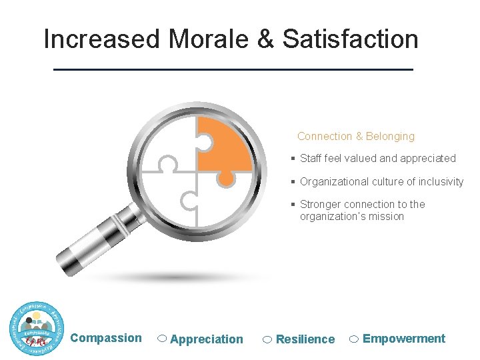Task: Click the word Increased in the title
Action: pos(102,39)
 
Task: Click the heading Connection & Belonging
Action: pos(355,137)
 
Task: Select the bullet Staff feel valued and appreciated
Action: pos(377,159)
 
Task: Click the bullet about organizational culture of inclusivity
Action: pos(381,182)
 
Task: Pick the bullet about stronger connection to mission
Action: pos(362,210)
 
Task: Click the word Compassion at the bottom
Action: pos(106,338)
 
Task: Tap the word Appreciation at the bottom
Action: pos(207,339)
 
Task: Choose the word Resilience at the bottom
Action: pos(305,339)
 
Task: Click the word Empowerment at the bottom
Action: pos(404,339)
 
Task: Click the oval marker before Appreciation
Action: pos(162,339)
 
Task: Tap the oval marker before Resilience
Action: pos(267,339)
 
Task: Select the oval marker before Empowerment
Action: pos(355,339)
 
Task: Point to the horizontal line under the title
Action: pos(233,69)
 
